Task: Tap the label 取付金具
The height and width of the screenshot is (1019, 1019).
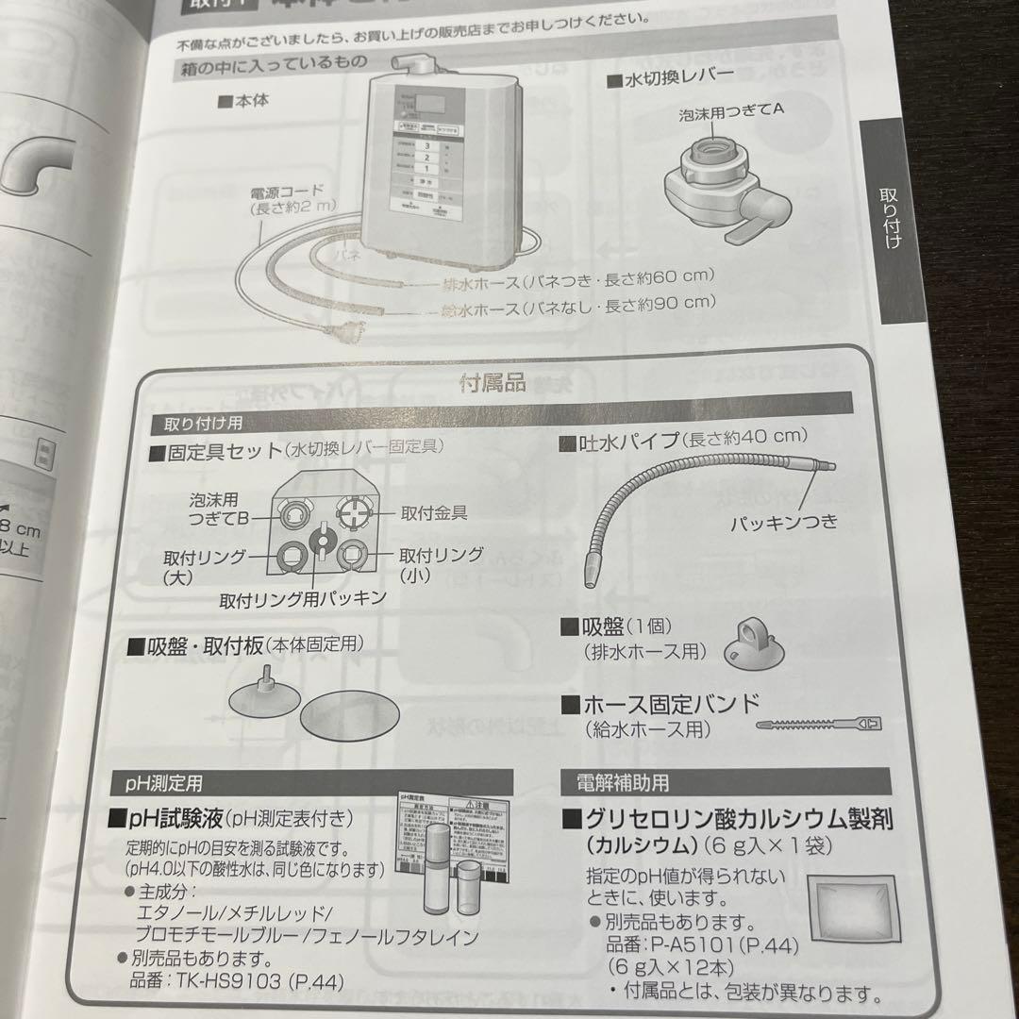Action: pos(433,513)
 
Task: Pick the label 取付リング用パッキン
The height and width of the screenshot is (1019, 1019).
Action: pos(303,598)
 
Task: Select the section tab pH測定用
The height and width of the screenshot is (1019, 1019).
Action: pos(164,782)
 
